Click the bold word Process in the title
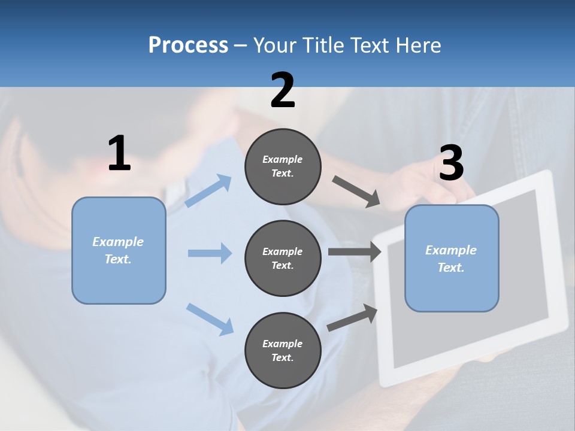pos(188,45)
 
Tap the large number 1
pos(119,154)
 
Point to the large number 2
pos(283,90)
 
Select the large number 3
pos(451,163)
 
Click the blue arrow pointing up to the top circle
pos(208,191)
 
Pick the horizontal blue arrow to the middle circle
pos(210,253)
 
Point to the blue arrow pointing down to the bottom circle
pos(210,319)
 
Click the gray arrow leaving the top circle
pos(356,192)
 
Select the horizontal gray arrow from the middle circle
pos(354,252)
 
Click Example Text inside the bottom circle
pos(283,351)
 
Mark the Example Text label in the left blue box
pos(118,250)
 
